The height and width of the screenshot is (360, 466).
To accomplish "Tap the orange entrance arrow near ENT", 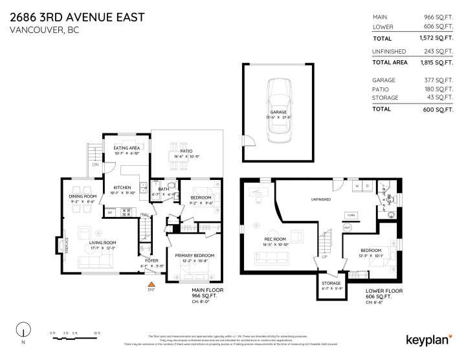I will click(x=151, y=283).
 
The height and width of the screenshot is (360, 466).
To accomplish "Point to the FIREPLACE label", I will click(x=66, y=245).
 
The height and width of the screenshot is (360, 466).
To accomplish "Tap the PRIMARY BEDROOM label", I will click(x=195, y=256).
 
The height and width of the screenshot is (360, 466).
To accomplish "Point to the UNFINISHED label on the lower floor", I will click(x=320, y=199).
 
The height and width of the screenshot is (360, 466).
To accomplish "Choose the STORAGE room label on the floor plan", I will click(x=332, y=283).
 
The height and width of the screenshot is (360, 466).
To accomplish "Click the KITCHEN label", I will click(x=122, y=187).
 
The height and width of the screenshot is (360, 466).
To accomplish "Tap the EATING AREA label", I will click(x=127, y=148).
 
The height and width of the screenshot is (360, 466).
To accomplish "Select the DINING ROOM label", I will click(x=83, y=196).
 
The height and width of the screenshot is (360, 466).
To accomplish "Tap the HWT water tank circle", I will click(x=348, y=228).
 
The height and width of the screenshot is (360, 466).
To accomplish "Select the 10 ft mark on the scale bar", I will click(x=96, y=333).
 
